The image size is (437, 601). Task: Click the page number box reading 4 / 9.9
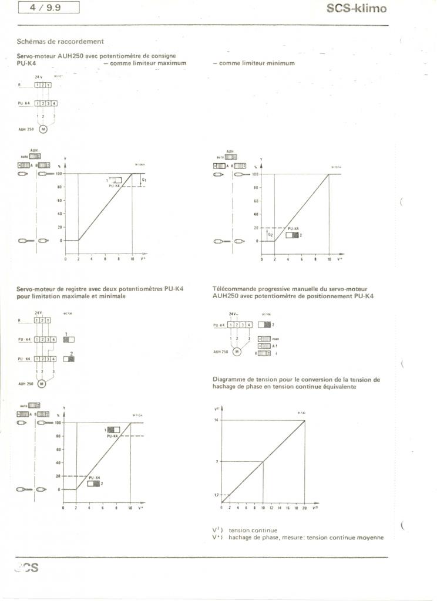click(49, 8)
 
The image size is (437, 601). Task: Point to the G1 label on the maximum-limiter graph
click(144, 179)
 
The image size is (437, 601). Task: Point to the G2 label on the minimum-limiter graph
click(270, 234)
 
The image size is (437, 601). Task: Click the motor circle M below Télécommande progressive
click(238, 352)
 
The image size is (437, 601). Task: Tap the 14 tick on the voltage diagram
click(216, 420)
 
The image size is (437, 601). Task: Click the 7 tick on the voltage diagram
click(217, 461)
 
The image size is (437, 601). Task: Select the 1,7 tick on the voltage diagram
click(216, 495)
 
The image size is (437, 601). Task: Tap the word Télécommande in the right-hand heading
click(236, 288)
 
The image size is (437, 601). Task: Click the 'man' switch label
click(275, 339)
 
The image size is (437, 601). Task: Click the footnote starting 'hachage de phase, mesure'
click(305, 537)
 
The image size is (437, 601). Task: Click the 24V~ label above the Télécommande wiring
click(233, 315)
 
